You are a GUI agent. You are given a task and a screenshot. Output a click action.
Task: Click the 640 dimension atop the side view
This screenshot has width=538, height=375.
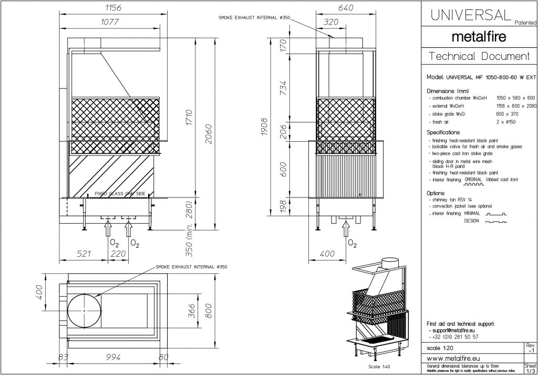346,8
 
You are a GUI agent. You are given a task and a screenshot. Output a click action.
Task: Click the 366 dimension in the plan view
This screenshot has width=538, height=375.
192,311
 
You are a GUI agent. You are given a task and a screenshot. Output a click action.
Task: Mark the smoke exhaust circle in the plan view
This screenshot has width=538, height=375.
84,311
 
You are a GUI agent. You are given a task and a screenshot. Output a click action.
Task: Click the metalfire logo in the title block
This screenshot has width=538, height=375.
479,37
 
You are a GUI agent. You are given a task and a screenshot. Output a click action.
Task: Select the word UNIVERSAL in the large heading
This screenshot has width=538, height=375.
470,15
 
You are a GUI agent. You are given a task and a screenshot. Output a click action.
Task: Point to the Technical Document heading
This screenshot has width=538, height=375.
479,56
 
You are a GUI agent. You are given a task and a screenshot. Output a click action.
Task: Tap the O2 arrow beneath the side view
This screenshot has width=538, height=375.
346,230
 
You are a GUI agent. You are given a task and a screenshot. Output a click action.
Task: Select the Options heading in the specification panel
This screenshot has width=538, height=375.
436,193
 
